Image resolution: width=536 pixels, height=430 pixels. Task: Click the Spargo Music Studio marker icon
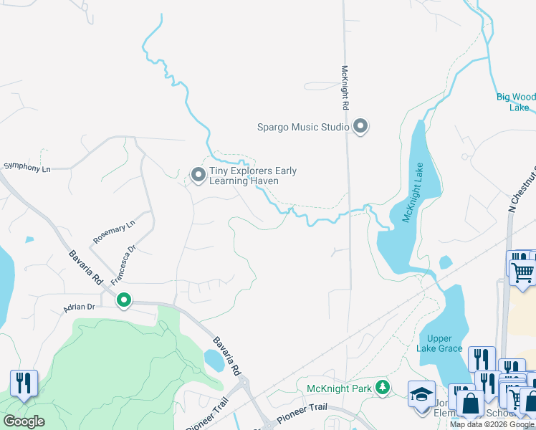[x=360, y=127]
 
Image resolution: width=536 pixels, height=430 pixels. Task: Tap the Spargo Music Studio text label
[x=302, y=128]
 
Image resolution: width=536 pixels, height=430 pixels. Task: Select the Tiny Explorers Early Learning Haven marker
[x=198, y=174]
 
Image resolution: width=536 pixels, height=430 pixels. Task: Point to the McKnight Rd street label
[x=345, y=87]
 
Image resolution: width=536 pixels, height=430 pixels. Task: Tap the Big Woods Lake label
[x=517, y=102]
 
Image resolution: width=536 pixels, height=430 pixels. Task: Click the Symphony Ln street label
[x=27, y=168]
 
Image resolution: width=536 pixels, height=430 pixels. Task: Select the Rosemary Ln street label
[x=113, y=231]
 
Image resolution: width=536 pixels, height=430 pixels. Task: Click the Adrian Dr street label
[x=79, y=307]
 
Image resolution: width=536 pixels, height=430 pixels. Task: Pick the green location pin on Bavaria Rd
[x=124, y=300]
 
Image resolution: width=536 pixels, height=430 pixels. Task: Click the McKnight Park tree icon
[x=383, y=388]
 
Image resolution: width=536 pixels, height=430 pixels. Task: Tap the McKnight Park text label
[x=339, y=388]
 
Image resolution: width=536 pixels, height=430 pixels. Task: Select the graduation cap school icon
[x=421, y=394]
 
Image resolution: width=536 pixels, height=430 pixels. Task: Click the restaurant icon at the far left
[x=24, y=383]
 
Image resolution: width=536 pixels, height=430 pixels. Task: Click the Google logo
[x=24, y=421]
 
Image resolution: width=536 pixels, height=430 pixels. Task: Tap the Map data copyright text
[x=492, y=424]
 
